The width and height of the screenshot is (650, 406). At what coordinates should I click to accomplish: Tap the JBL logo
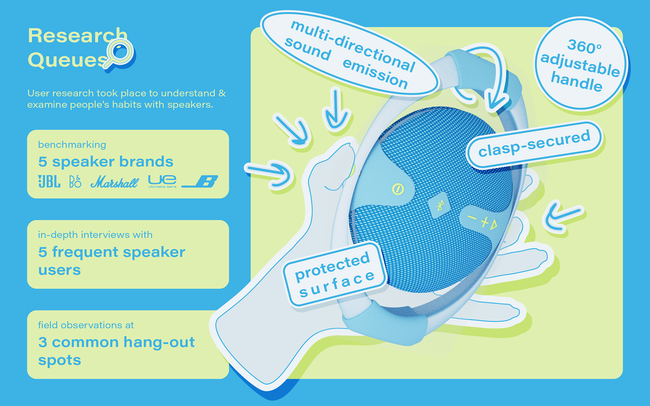coord(49,182)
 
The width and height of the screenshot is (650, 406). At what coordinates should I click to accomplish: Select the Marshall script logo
coord(114,182)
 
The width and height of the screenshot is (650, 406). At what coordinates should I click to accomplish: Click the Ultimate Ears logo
coord(162,181)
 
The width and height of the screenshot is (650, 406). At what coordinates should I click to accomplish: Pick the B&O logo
coord(75,182)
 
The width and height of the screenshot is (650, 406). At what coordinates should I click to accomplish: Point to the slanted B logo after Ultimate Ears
coord(200,182)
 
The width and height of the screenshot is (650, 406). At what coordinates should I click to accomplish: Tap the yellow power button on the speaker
coord(398,189)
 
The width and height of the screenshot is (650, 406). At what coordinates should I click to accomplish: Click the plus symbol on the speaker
coord(485,222)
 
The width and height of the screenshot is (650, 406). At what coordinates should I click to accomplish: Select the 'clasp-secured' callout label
coord(534,144)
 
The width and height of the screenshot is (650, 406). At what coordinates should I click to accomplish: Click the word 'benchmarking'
coord(72,145)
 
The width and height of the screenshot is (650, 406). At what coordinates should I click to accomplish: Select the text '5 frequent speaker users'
coord(112,261)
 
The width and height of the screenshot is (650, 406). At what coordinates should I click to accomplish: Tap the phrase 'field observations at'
coord(86,325)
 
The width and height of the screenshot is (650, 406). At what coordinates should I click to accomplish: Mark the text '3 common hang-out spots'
coord(116,351)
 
